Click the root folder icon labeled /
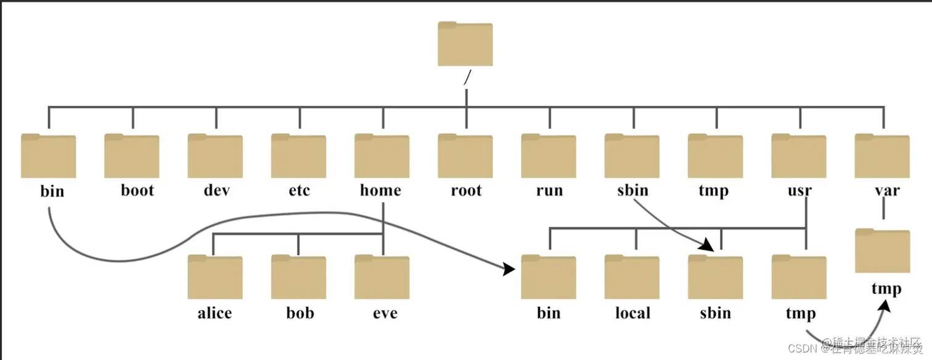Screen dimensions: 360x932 tap(465, 44)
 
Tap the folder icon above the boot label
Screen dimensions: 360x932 tap(132, 156)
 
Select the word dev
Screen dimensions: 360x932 tap(216, 190)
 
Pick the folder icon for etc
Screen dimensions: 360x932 tap(299, 156)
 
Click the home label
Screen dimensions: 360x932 tap(380, 190)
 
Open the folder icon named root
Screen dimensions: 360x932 tap(465, 156)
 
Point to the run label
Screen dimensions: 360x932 tap(549, 190)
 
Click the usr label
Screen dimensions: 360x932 tap(799, 190)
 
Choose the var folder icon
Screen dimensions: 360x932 tap(882, 156)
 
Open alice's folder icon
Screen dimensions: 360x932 tap(215, 277)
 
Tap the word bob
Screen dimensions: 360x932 tap(300, 313)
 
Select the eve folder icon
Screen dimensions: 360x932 tap(382, 277)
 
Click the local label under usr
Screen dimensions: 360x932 tap(632, 313)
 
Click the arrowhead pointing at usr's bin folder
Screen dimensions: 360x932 tap(509, 269)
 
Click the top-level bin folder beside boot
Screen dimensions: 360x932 tap(48, 156)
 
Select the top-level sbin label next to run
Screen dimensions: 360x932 tap(632, 190)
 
